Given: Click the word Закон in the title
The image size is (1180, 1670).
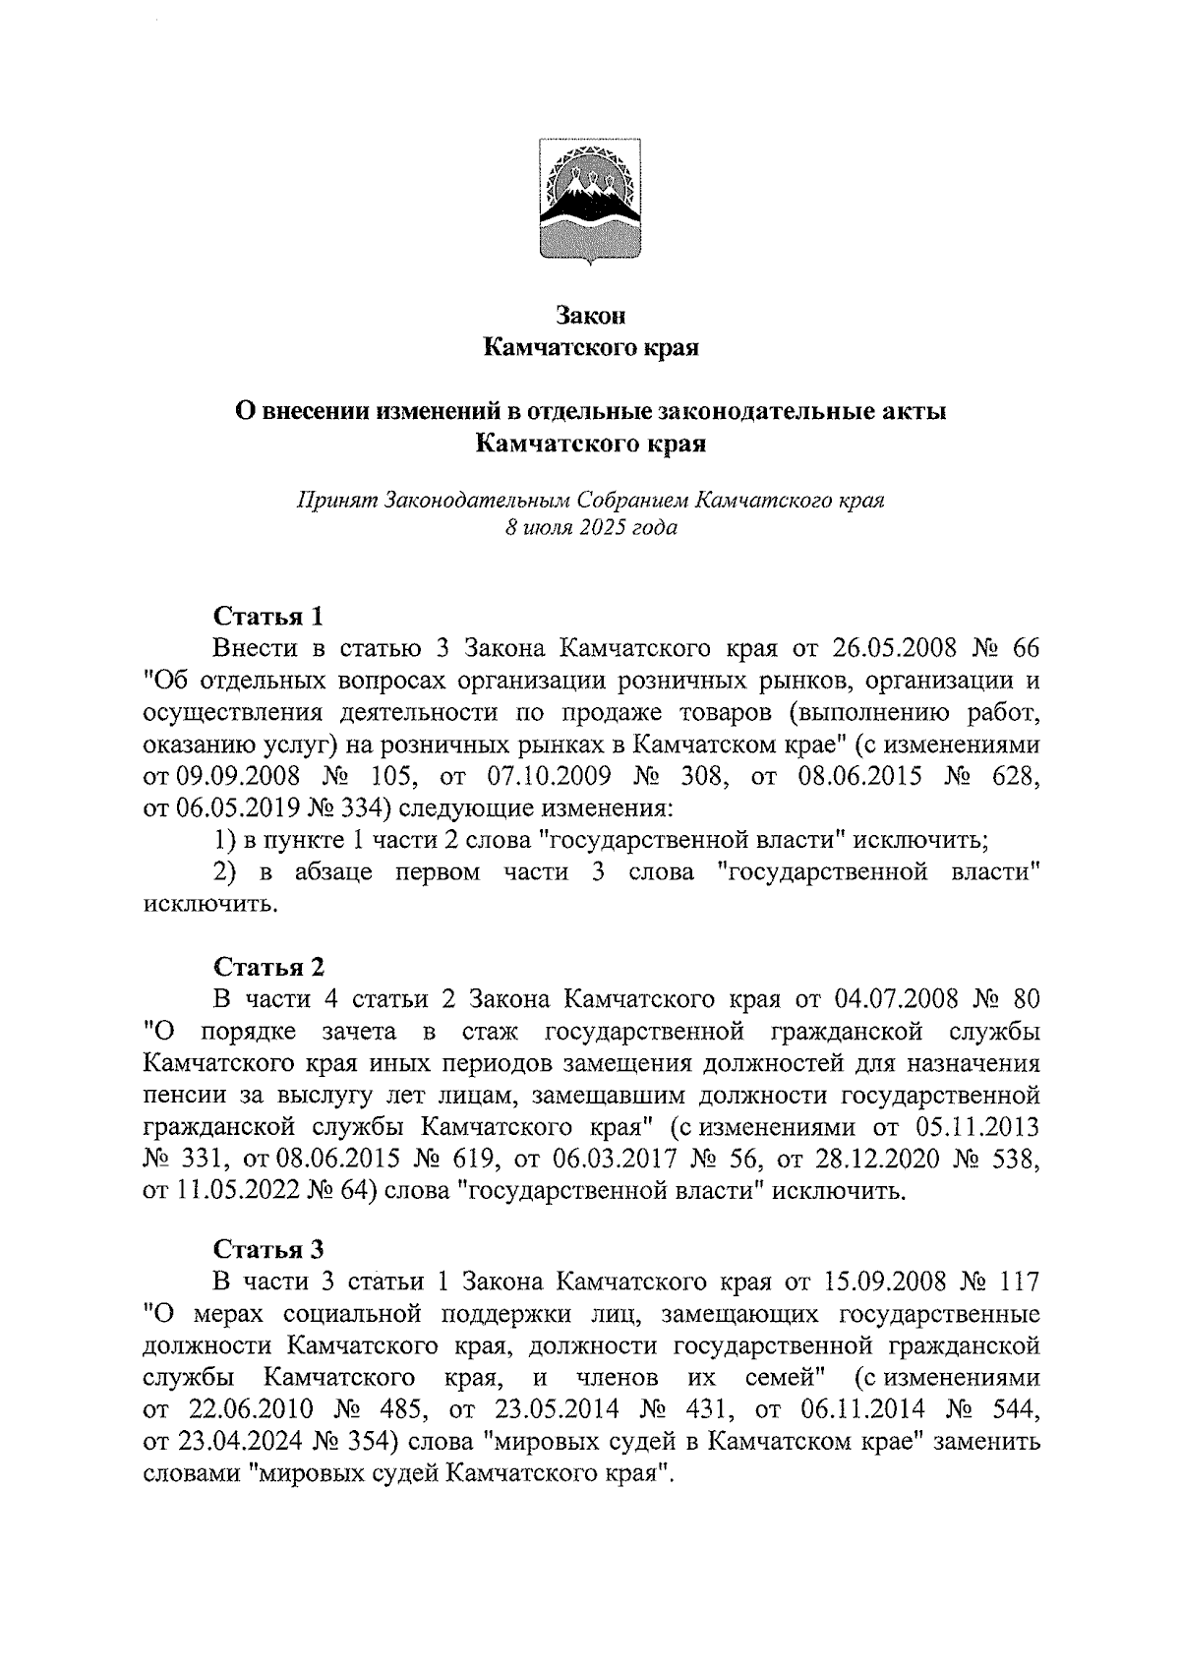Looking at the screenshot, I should point(590,317).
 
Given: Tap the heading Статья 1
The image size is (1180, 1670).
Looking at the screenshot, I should point(268,617).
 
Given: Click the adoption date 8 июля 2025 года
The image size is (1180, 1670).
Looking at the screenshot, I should point(590,528).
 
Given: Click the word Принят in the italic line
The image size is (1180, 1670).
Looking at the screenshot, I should point(337,500).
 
